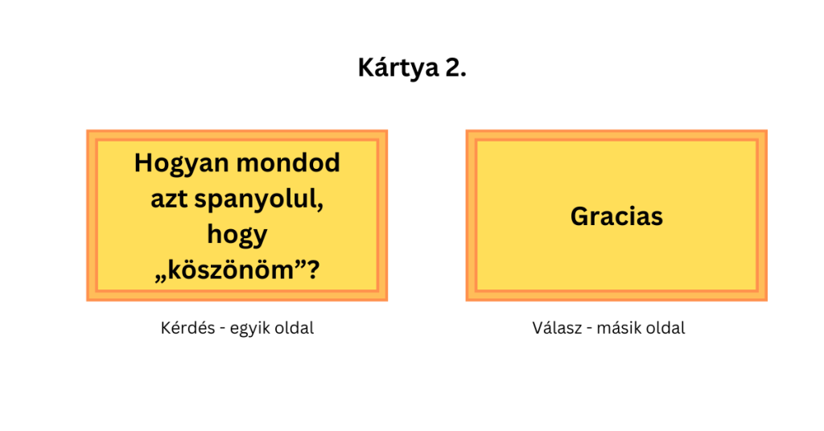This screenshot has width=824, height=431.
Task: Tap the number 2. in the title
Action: [x=455, y=68]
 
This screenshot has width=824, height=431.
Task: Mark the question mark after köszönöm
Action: [x=313, y=270]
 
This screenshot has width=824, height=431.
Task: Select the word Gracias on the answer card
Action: [x=616, y=216]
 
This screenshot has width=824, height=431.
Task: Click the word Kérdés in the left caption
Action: [x=187, y=328]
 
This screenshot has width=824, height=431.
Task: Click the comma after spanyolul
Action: [x=320, y=207]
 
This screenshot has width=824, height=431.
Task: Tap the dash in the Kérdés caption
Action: [x=222, y=330]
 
